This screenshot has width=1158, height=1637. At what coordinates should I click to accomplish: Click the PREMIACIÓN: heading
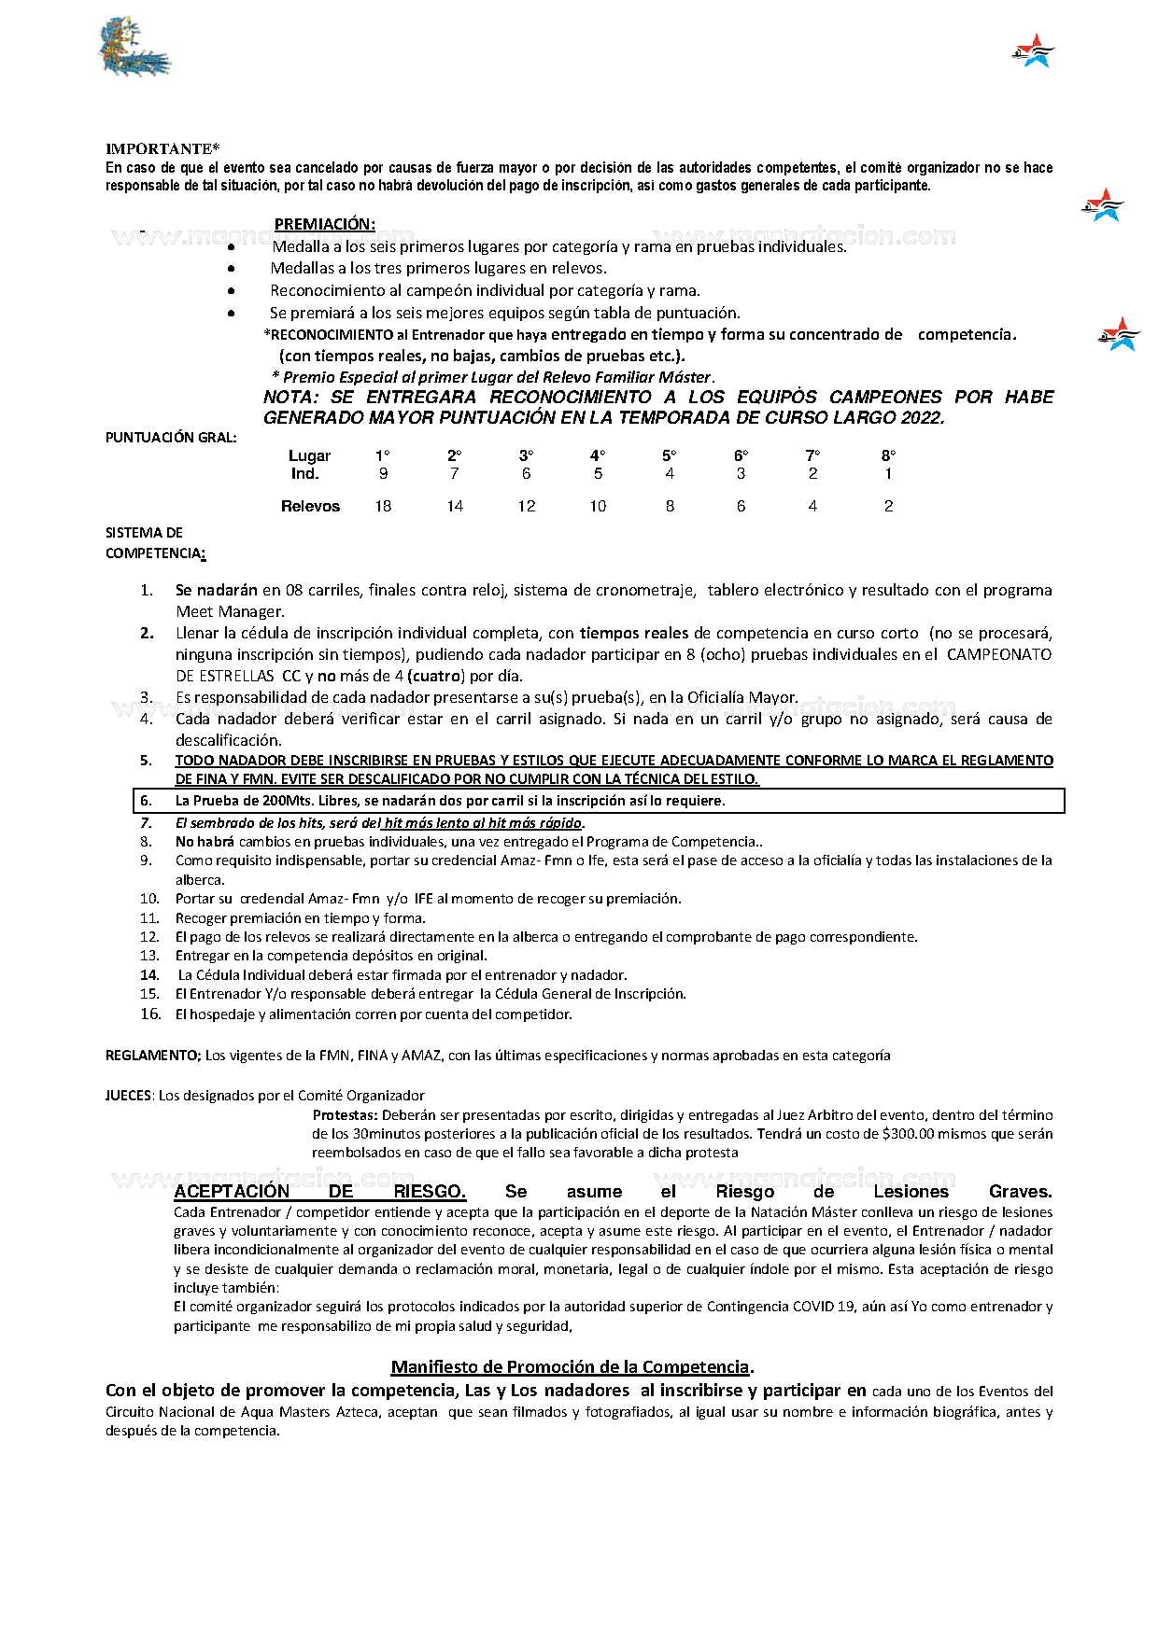point(324,224)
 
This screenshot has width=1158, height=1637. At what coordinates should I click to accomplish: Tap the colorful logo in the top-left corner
point(134,47)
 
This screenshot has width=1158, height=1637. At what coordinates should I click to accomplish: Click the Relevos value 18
point(383,506)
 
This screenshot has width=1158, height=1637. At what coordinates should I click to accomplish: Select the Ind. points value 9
point(383,474)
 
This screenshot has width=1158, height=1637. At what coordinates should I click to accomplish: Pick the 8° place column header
point(888,455)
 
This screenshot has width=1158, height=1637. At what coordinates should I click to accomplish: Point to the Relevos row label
point(310,506)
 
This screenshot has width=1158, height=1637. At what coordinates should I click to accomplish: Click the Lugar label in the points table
point(309,455)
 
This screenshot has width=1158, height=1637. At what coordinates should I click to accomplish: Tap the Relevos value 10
point(598,506)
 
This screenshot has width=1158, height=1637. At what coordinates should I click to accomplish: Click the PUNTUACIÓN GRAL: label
point(170,438)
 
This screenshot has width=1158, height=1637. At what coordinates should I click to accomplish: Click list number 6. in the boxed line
point(146,801)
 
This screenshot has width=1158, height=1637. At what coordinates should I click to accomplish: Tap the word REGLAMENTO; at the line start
point(152,1056)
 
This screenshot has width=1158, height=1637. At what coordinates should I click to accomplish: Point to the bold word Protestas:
point(345,1115)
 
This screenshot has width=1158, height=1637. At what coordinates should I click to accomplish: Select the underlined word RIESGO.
point(429,1192)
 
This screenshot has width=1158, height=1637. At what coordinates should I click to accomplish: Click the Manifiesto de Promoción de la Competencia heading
point(570,1367)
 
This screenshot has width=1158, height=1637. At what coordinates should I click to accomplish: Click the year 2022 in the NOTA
point(922,418)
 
